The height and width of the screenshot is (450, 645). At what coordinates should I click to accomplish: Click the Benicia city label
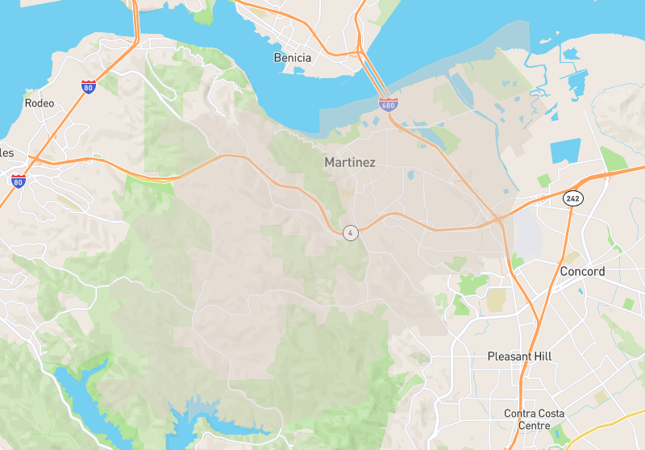coord(293,58)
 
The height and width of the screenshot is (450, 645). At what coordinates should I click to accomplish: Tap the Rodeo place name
coord(40,103)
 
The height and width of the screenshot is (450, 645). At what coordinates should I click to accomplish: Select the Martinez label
coord(350,162)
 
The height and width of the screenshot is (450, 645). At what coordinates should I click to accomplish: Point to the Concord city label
coord(582,272)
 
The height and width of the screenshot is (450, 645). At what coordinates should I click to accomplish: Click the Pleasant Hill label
coord(520,356)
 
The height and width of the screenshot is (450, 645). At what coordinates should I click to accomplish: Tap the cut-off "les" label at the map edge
coord(7,152)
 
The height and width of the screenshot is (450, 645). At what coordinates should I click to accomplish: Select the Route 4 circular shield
coord(350,233)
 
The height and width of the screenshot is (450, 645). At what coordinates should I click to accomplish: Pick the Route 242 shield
coord(572,198)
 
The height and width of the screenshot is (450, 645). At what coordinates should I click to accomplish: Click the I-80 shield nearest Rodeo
coord(88,86)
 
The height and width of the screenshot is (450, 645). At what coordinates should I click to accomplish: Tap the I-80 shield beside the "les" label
coord(18,181)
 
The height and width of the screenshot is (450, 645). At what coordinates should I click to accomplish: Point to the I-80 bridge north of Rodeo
coord(134,20)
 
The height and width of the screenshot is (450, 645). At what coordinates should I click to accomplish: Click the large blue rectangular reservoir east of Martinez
coord(565,151)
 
